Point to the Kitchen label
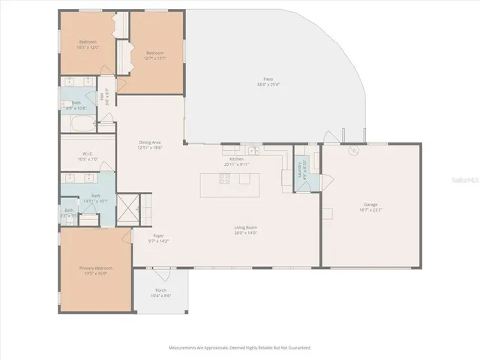(x=237, y=159)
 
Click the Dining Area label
(x=150, y=142)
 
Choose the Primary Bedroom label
(x=94, y=268)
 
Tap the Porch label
(x=161, y=290)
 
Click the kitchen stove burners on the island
(x=224, y=178)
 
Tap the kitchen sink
(x=253, y=150)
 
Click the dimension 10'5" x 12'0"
(x=88, y=47)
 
